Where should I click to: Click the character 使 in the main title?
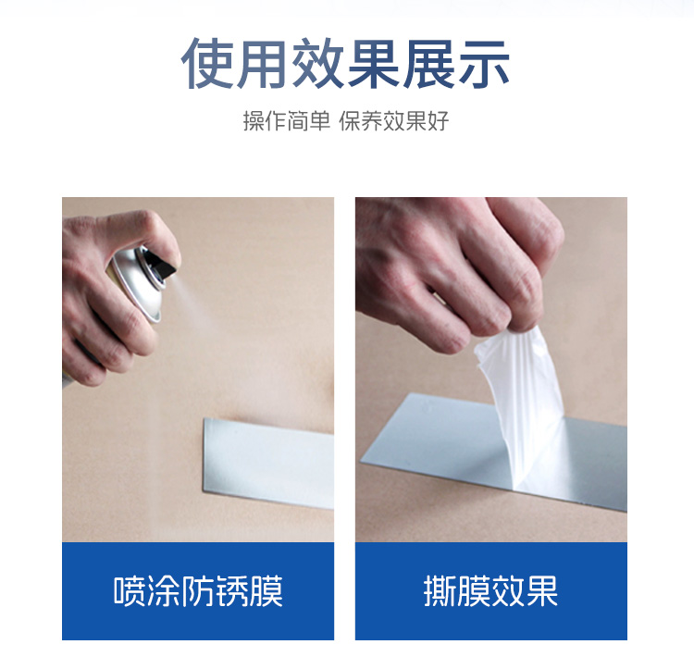pyautogui.click(x=208, y=63)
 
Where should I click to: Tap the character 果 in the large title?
pyautogui.click(x=374, y=63)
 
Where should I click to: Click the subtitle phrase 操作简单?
pyautogui.click(x=287, y=121)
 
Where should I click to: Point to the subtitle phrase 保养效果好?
pyautogui.click(x=394, y=121)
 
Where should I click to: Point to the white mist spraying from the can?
pyautogui.click(x=194, y=305)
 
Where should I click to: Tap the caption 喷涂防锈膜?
pyautogui.click(x=198, y=591)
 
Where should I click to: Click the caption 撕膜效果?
pyautogui.click(x=490, y=591)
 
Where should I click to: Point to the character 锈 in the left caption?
pyautogui.click(x=232, y=591)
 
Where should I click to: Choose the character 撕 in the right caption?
pyautogui.click(x=440, y=591)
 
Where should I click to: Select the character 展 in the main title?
pyautogui.click(x=428, y=63)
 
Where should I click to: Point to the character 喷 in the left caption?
pyautogui.click(x=130, y=591)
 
